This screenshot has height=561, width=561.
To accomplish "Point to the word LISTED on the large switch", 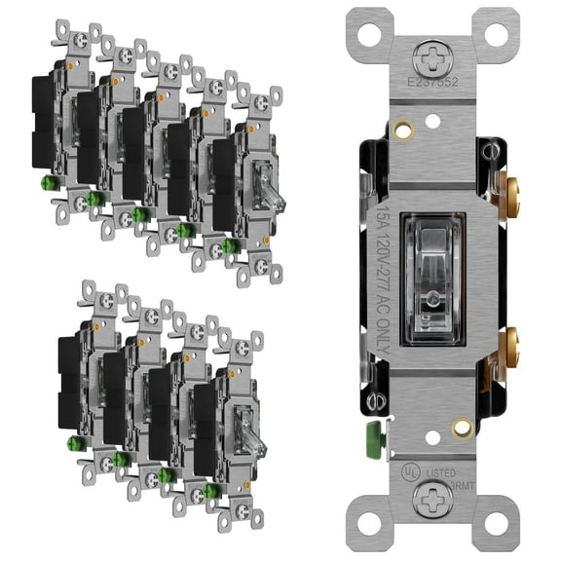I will pos(441,470).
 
